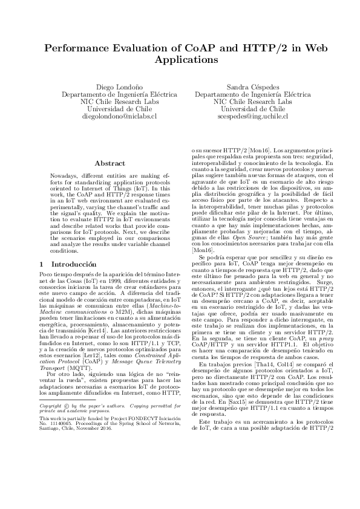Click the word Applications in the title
tap(180, 60)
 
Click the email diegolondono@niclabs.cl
tap(120, 115)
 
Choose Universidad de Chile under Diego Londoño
tap(120, 109)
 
